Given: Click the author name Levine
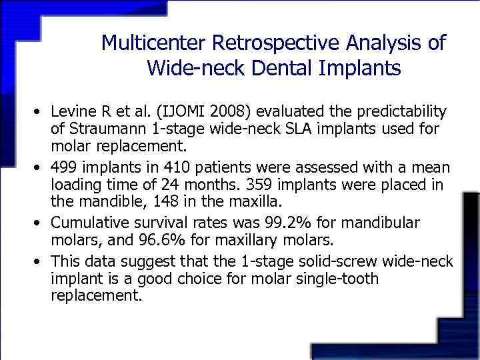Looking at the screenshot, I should pyautogui.click(x=73, y=109).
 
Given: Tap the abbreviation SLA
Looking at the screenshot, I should pyautogui.click(x=289, y=128).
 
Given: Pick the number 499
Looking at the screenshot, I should pyautogui.click(x=65, y=166).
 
